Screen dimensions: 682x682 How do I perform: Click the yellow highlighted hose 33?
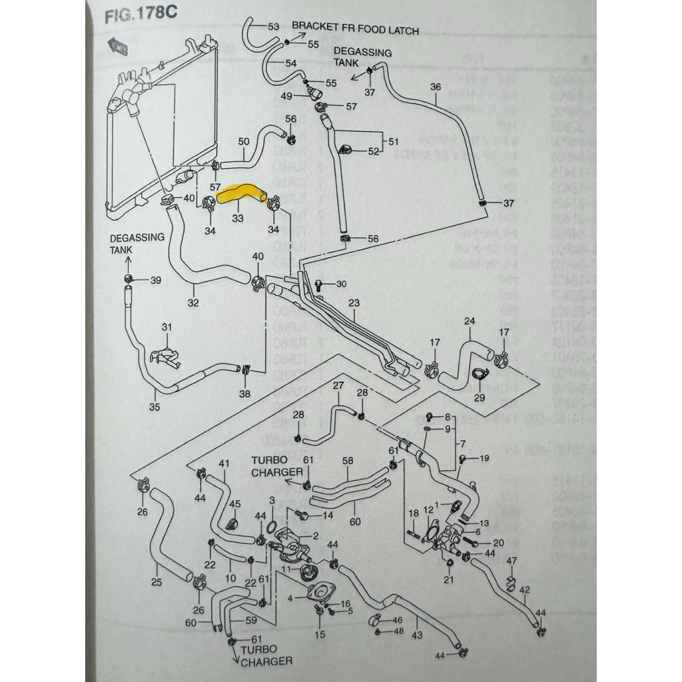(x=244, y=192)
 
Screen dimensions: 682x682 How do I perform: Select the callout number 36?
(x=436, y=87)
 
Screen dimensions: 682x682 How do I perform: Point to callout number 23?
(x=354, y=304)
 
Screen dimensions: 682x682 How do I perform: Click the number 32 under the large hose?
(x=194, y=303)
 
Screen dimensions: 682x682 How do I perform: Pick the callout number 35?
(x=155, y=408)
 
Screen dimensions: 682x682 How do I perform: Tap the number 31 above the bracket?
(x=167, y=327)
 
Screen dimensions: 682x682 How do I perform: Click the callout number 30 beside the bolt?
(x=341, y=284)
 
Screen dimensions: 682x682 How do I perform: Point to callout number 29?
(x=479, y=398)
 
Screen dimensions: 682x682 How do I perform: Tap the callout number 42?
(x=525, y=589)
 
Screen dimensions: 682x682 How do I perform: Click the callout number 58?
(x=348, y=460)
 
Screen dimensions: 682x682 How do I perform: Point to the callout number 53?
(x=274, y=27)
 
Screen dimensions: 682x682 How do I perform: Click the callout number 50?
(x=244, y=142)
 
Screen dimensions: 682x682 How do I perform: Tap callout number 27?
(x=338, y=386)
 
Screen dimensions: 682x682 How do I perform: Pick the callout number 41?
(x=224, y=464)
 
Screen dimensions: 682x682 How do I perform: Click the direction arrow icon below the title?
(x=120, y=46)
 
